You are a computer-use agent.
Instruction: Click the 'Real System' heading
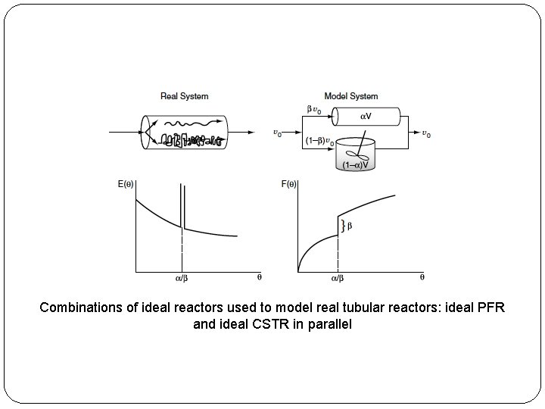point(184,96)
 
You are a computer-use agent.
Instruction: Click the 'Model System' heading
point(350,96)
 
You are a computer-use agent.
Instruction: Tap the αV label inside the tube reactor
point(366,116)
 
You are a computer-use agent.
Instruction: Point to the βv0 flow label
point(313,109)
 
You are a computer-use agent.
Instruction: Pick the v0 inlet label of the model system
point(279,133)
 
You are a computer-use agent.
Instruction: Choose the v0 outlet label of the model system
point(426,134)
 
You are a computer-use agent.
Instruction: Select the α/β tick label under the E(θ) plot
point(182,278)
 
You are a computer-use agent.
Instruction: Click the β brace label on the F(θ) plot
point(349,225)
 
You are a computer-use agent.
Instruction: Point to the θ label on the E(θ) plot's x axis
point(259,277)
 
